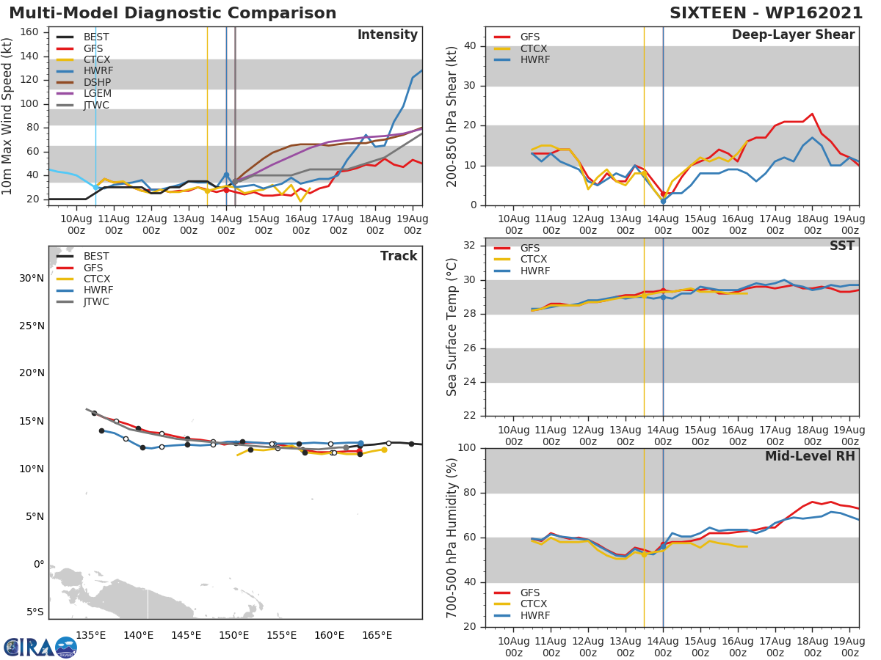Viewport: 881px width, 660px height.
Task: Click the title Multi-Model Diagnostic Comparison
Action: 173,13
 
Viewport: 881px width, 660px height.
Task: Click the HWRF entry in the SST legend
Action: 534,271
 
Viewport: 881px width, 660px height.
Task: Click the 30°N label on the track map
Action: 31,278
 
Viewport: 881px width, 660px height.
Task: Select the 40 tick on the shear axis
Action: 470,46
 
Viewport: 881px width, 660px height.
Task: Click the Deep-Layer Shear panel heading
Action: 793,35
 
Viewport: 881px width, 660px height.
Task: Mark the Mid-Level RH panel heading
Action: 810,457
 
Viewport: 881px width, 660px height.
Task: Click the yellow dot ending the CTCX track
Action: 384,450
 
